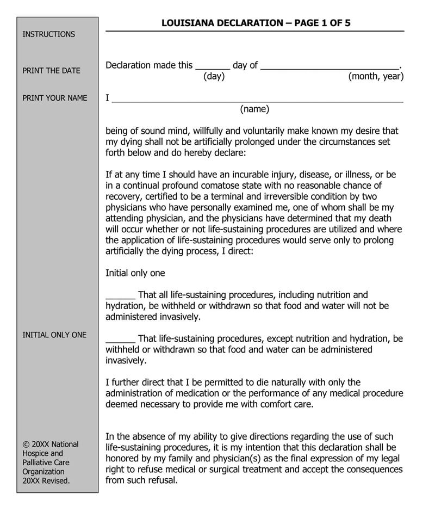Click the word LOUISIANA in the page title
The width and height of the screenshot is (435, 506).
pyautogui.click(x=188, y=23)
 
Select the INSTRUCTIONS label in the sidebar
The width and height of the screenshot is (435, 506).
pyautogui.click(x=49, y=34)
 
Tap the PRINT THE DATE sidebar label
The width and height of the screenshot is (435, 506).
pyautogui.click(x=51, y=71)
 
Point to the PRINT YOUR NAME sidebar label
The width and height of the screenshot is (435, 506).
pyautogui.click(x=54, y=98)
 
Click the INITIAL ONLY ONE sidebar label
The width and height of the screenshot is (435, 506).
pyautogui.click(x=54, y=335)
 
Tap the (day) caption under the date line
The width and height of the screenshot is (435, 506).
pyautogui.click(x=214, y=77)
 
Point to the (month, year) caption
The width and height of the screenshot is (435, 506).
pyautogui.click(x=376, y=77)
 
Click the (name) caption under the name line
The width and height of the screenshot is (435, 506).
pyautogui.click(x=254, y=109)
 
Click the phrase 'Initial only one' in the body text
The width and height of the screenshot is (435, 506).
pyautogui.click(x=135, y=273)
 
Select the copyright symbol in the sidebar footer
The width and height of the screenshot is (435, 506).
pyautogui.click(x=26, y=444)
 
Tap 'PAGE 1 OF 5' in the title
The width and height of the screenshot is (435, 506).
pyautogui.click(x=318, y=23)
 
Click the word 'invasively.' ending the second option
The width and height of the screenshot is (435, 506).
pyautogui.click(x=126, y=360)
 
